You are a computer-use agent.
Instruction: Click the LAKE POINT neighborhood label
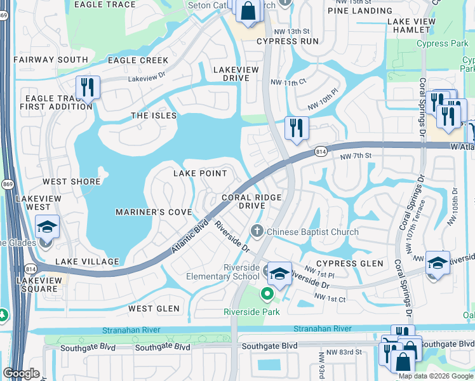pyautogui.click(x=199, y=173)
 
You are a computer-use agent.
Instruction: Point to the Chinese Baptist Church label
pyautogui.click(x=312, y=232)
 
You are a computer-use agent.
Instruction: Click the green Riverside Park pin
pyautogui.click(x=267, y=293)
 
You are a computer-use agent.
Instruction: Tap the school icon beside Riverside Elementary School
pyautogui.click(x=279, y=274)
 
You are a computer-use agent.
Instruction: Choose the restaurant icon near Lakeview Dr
pyautogui.click(x=87, y=88)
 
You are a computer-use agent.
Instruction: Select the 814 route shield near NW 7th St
pyautogui.click(x=321, y=152)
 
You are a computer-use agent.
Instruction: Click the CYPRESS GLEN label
pyautogui.click(x=350, y=264)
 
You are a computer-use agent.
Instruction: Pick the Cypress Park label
pyautogui.click(x=441, y=44)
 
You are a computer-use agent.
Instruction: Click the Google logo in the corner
pyautogui.click(x=22, y=373)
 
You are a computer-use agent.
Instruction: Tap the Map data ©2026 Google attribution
pyautogui.click(x=436, y=375)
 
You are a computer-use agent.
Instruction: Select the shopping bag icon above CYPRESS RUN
pyautogui.click(x=249, y=11)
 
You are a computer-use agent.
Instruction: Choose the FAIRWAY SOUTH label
pyautogui.click(x=50, y=60)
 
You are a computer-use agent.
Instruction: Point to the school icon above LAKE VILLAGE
pyautogui.click(x=47, y=228)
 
